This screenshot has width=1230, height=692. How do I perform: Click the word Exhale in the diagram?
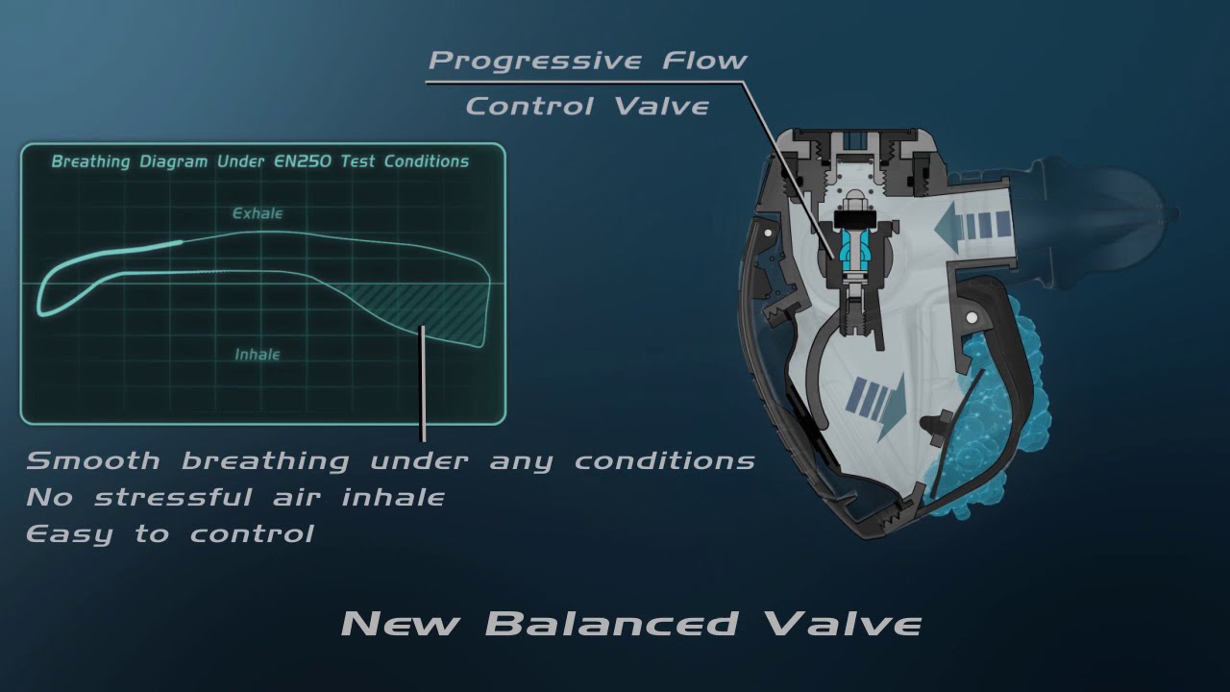pos(258,213)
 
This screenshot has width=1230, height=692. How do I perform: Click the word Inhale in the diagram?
pos(258,355)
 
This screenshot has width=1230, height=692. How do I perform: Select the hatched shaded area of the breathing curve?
pos(423,308)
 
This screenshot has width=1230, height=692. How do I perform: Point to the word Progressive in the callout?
pos(534,61)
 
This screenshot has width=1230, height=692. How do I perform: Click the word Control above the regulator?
pos(530,106)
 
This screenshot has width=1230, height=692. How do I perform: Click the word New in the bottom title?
pos(402,624)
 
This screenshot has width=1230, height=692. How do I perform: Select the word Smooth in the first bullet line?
pos(93,460)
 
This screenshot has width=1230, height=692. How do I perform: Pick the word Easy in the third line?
pos(69,533)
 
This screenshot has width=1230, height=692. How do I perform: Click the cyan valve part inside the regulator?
pos(851,249)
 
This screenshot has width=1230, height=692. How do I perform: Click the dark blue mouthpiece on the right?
pos(1105,216)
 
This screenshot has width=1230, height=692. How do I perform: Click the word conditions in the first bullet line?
pos(664,460)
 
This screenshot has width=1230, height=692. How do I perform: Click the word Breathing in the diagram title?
pos(90,161)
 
